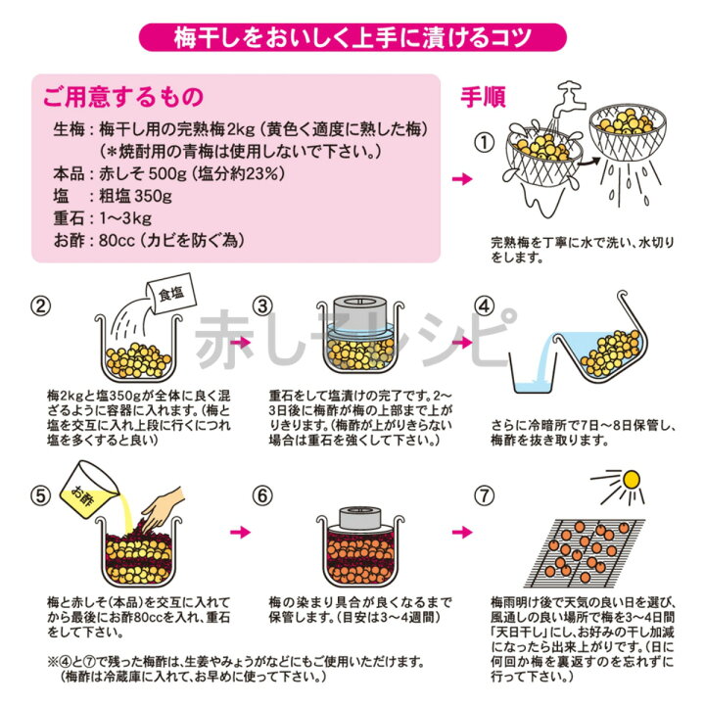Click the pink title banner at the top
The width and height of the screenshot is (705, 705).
tap(352, 37)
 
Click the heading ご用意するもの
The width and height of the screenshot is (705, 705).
tap(122, 97)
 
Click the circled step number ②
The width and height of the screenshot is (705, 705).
tap(41, 306)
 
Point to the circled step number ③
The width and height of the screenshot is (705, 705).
tap(262, 306)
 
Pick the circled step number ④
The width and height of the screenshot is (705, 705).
tap(481, 306)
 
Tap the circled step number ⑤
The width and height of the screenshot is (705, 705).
tap(41, 494)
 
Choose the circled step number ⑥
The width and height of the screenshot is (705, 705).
tap(262, 494)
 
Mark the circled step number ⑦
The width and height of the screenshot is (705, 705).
tap(481, 494)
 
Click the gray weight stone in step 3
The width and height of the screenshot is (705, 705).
tap(363, 317)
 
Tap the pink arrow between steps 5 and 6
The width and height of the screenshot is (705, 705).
tap(238, 534)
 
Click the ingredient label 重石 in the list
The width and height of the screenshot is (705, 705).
tap(68, 217)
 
